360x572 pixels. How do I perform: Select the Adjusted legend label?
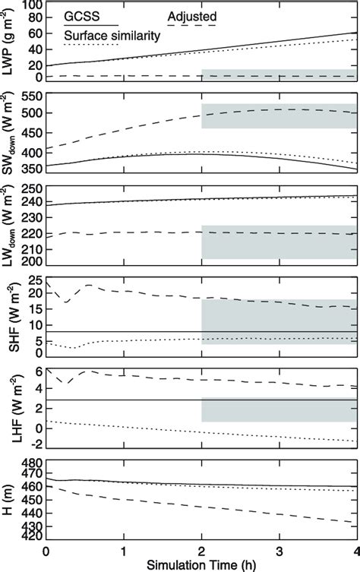tap(192, 15)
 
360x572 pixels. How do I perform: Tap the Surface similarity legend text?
tap(104, 35)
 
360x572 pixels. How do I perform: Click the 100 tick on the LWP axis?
tap(30, 7)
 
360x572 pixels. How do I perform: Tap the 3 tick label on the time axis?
tap(279, 549)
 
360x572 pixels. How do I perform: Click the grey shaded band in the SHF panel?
tap(279, 322)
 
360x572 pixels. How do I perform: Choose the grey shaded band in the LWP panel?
tap(279, 76)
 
